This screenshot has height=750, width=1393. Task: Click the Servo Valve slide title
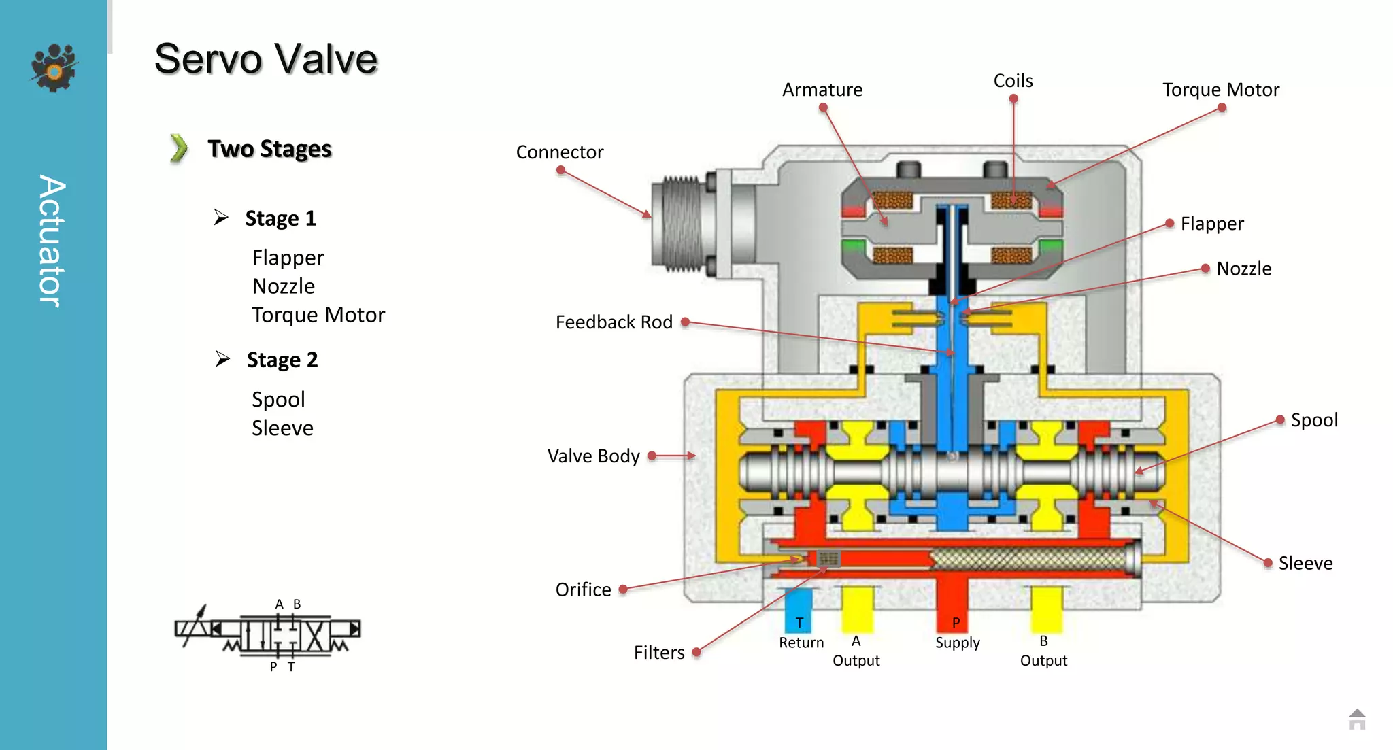[x=265, y=58]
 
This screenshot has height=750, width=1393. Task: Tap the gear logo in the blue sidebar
[x=54, y=67]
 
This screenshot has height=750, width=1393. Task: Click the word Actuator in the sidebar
[x=52, y=241]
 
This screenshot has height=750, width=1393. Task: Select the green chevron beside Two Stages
[x=179, y=148]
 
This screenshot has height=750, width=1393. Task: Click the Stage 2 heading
[x=282, y=360]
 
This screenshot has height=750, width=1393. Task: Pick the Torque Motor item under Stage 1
[x=318, y=315]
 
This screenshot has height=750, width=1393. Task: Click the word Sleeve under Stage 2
[x=282, y=428]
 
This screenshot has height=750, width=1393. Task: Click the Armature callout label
[x=822, y=90]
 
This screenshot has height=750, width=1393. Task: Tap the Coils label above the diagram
[x=1013, y=81]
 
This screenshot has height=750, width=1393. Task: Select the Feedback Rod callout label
[x=614, y=322]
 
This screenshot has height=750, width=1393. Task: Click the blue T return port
[x=799, y=611]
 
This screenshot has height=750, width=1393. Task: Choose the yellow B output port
[x=1045, y=609]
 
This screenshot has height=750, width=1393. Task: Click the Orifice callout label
[x=583, y=590]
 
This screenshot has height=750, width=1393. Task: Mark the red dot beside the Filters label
[x=696, y=652]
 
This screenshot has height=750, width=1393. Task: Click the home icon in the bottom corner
[x=1356, y=719]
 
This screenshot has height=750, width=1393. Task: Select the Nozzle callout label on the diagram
[x=1243, y=269]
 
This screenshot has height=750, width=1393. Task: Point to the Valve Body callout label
[x=593, y=456]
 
